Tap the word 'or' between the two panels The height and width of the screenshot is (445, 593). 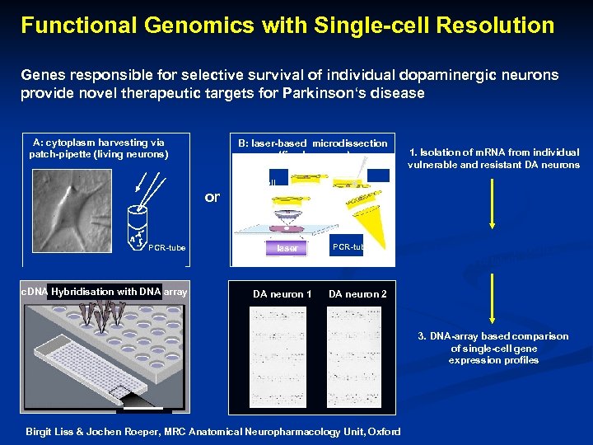click(x=212, y=197)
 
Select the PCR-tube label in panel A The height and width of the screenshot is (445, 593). click(x=167, y=247)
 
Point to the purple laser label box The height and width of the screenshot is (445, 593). click(x=287, y=246)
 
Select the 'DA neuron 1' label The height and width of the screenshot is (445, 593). click(x=282, y=294)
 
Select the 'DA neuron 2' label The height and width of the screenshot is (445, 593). click(x=357, y=294)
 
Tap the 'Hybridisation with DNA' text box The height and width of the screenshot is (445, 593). click(x=105, y=291)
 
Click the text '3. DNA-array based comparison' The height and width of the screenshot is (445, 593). click(x=493, y=336)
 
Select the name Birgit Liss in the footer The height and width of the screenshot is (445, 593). click(x=52, y=432)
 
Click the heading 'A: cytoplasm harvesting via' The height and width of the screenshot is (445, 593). click(x=98, y=143)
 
